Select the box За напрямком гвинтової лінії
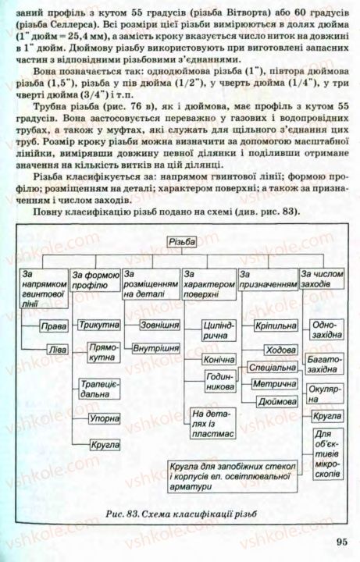point(42,287)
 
